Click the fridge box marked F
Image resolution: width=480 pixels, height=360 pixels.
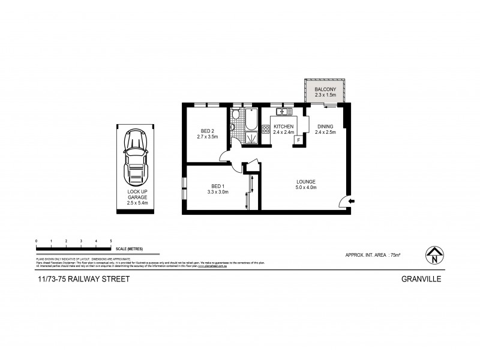(x=297, y=140)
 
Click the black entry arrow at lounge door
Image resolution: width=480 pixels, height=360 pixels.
(x=352, y=201)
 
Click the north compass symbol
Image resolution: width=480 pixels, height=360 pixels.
(x=433, y=254)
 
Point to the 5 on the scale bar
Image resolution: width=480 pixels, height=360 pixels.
(x=111, y=241)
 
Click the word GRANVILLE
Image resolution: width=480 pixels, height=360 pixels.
(x=422, y=279)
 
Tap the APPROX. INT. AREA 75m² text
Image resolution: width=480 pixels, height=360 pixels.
(x=373, y=255)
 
